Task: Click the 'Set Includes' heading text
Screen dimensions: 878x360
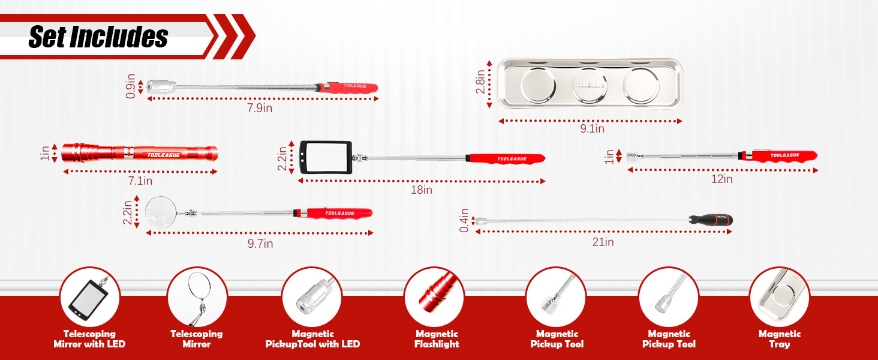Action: click(98, 37)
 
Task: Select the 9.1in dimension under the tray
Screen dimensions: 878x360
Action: click(591, 128)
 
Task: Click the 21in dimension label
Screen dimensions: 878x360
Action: click(603, 242)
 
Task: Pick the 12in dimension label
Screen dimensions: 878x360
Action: click(721, 179)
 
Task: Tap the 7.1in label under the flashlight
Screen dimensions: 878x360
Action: click(139, 180)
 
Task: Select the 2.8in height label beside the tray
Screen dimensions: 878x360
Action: click(480, 83)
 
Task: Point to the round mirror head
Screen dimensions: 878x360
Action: click(160, 213)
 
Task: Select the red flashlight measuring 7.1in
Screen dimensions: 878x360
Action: click(139, 152)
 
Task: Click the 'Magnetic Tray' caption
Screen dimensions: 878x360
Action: click(779, 339)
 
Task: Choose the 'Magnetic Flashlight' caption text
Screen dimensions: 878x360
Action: click(436, 339)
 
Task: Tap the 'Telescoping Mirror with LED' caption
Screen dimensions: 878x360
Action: click(89, 339)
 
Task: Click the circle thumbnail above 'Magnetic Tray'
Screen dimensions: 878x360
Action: click(779, 296)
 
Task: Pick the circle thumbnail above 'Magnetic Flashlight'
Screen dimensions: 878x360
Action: click(434, 296)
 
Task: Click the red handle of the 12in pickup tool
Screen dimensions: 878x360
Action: click(783, 156)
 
